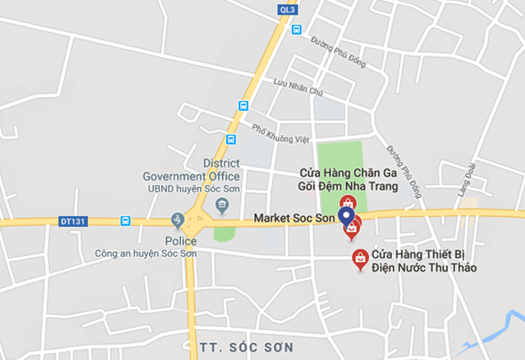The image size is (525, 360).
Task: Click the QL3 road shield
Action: [x=286, y=10]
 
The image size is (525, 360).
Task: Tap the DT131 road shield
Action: [x=73, y=222]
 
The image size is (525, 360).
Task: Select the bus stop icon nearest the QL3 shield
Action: [x=296, y=30]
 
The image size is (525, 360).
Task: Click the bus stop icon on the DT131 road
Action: [x=125, y=222]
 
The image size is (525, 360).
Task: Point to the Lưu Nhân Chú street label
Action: [x=298, y=87]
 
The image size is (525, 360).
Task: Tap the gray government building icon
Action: [x=222, y=205]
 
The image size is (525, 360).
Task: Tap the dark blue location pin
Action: [x=347, y=216]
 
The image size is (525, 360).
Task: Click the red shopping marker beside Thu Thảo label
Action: [x=359, y=259]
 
